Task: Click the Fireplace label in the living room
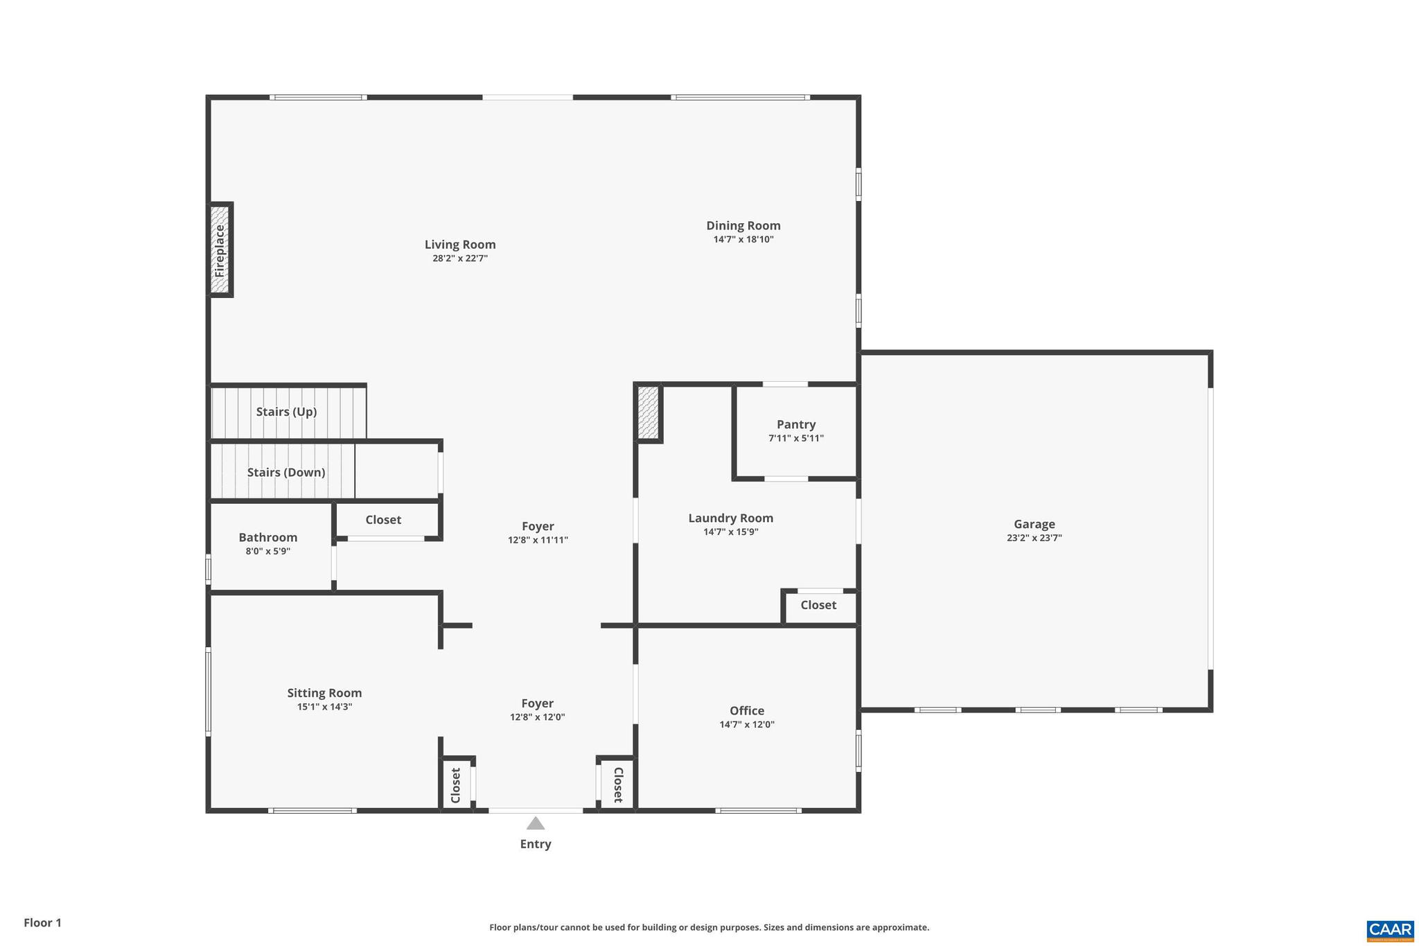(220, 250)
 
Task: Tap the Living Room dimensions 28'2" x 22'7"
(460, 259)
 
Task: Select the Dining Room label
(743, 225)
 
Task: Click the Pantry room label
(795, 424)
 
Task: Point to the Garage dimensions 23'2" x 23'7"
(1034, 538)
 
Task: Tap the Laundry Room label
(730, 518)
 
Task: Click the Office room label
(746, 710)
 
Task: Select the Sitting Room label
(324, 692)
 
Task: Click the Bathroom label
(267, 537)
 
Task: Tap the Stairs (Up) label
(286, 412)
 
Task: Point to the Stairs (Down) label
(286, 473)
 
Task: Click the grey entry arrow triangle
(535, 823)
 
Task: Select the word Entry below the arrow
(535, 843)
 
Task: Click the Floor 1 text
(42, 922)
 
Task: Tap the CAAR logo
(1389, 929)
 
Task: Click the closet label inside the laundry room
(818, 605)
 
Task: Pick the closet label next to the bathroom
(383, 520)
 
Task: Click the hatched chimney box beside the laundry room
(648, 413)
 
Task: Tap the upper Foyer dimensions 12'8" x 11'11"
(538, 540)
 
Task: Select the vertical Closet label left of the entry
(456, 785)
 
